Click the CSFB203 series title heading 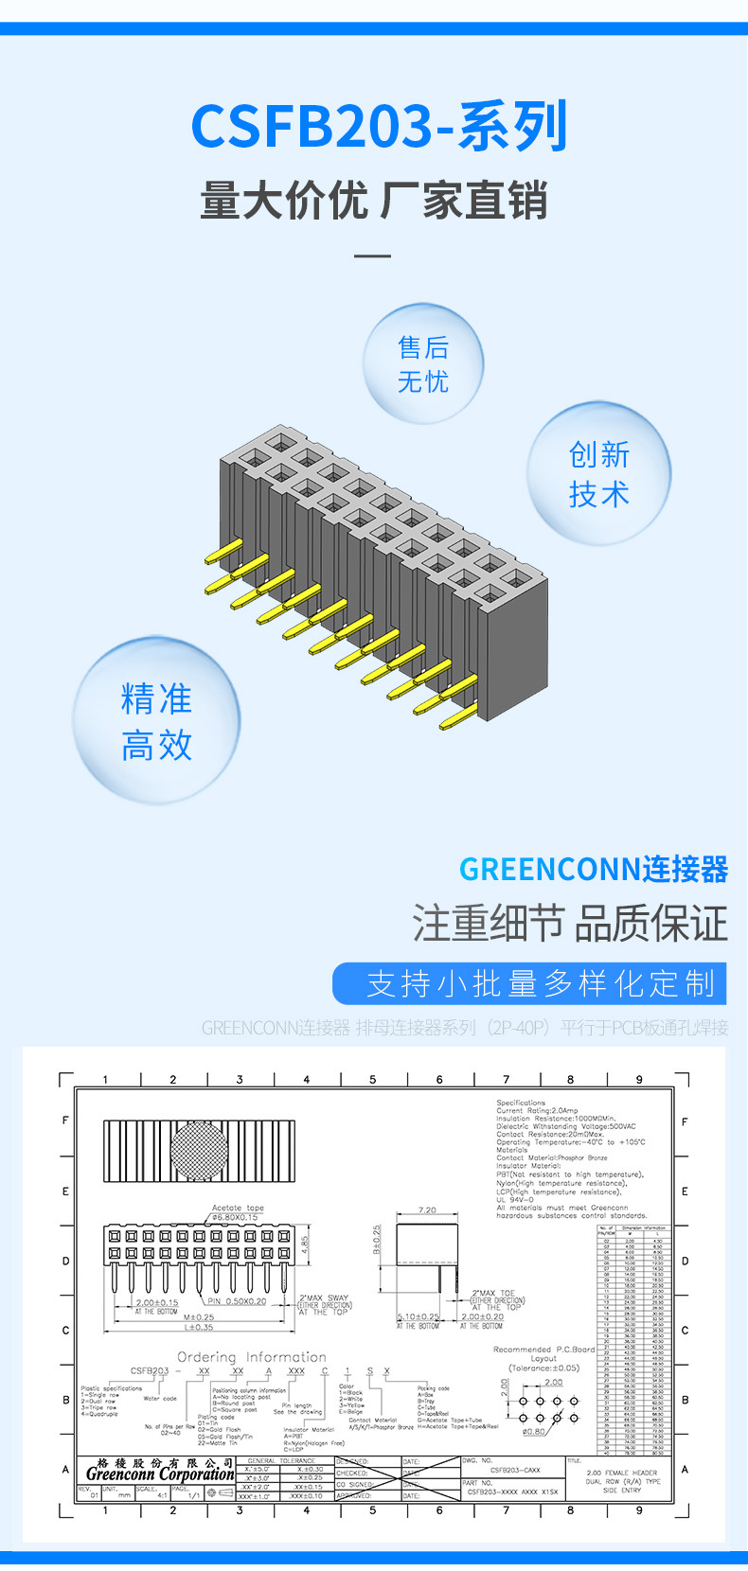(379, 127)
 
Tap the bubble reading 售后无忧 (423, 364)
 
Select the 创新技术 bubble (598, 473)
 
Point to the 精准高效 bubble (156, 721)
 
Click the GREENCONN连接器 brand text (594, 869)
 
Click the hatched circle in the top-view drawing (199, 1150)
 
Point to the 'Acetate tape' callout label (238, 1208)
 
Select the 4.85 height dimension (305, 1244)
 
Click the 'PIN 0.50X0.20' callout (237, 1301)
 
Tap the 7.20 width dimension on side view (427, 1210)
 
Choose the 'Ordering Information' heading (251, 1356)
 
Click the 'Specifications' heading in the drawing (521, 1103)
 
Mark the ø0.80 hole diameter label (534, 1431)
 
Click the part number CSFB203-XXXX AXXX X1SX (512, 1492)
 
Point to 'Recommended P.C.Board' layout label (543, 1350)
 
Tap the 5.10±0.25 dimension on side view (418, 1316)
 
